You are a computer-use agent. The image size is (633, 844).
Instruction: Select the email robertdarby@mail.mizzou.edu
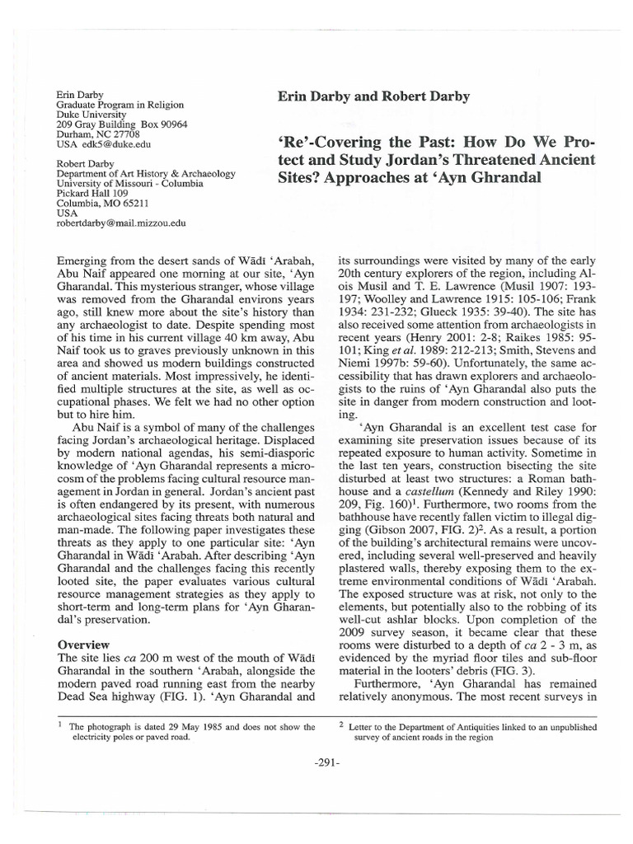point(120,223)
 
